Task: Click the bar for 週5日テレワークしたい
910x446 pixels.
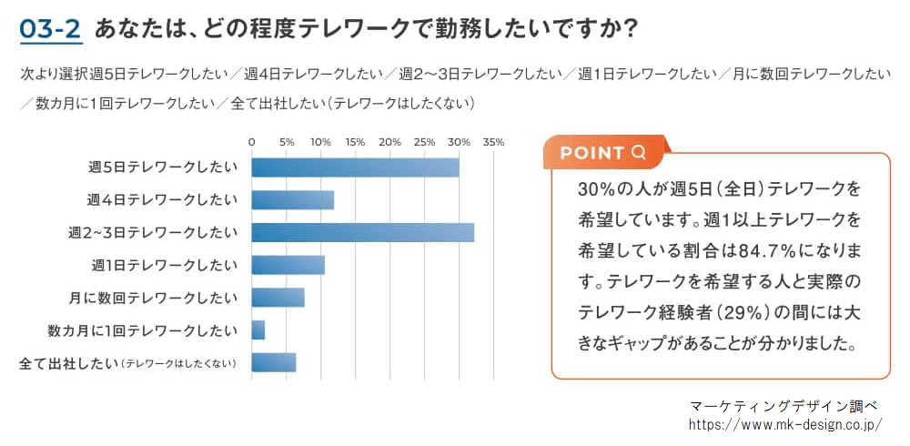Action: [x=355, y=167]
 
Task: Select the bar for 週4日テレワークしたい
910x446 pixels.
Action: [x=292, y=200]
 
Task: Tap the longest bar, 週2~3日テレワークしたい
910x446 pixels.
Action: [x=362, y=233]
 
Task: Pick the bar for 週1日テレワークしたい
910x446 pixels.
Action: [x=288, y=265]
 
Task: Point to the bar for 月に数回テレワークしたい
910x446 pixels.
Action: [x=278, y=298]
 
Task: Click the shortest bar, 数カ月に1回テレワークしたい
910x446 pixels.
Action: [x=258, y=329]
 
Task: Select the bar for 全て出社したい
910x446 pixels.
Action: [x=273, y=362]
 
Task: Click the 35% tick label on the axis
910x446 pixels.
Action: [x=493, y=142]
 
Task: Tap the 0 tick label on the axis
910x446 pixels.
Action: [x=252, y=142]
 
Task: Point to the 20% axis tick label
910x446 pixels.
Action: [x=389, y=142]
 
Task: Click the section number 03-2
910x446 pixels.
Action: [x=50, y=29]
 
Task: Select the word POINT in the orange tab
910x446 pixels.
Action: [x=592, y=153]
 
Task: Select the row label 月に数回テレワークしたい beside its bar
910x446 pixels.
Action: [x=153, y=298]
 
